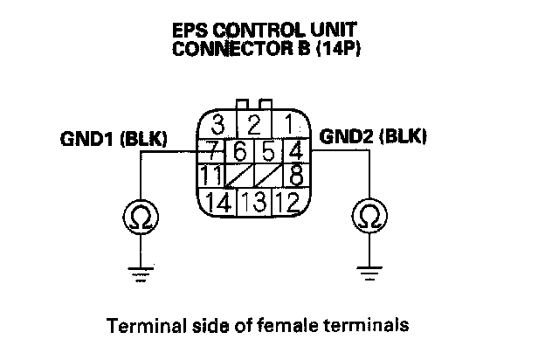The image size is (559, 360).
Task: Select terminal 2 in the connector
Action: (x=254, y=123)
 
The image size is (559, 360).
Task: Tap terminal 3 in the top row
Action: (x=219, y=123)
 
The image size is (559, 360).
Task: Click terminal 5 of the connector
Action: (x=269, y=149)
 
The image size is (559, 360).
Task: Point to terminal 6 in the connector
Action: (x=238, y=149)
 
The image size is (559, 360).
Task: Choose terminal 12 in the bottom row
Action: (x=289, y=203)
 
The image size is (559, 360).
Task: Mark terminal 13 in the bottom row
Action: (x=254, y=203)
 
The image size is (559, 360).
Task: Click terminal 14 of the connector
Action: (x=218, y=203)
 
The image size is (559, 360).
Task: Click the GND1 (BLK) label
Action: (x=114, y=138)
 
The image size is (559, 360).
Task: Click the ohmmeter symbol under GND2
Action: (x=370, y=213)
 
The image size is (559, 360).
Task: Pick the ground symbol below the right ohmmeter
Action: (x=370, y=274)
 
